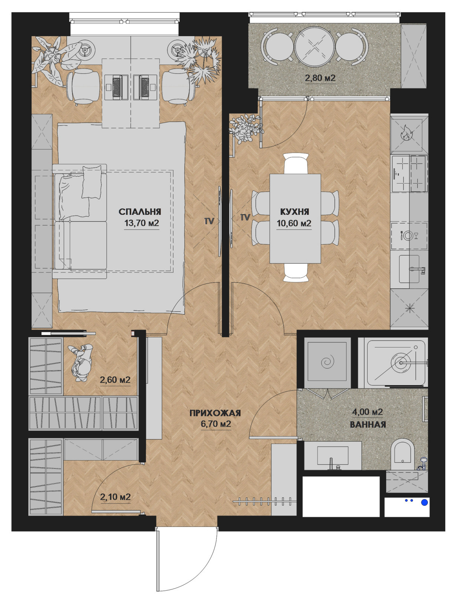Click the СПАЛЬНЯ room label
pos(140,211)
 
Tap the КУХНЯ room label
pos(294,211)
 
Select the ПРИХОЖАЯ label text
pos(215,413)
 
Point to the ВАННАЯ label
pos(368,424)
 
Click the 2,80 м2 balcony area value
pos(320,78)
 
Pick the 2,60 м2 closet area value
pos(115,380)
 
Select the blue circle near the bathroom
pos(425,502)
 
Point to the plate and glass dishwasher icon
pos(409,235)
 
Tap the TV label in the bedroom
pos(209,221)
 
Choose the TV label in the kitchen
pos(245,217)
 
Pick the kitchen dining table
pos(295,218)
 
